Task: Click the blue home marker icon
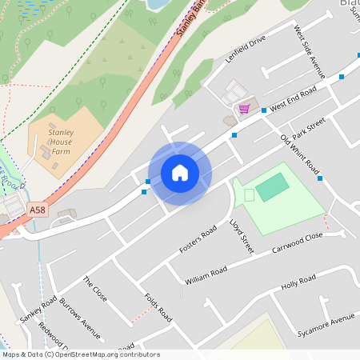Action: [x=180, y=173]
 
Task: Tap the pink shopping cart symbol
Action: [x=243, y=108]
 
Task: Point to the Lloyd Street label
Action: [x=241, y=237]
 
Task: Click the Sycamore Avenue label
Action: [x=325, y=324]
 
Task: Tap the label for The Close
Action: [x=94, y=289]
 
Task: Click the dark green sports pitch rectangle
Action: [x=272, y=187]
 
